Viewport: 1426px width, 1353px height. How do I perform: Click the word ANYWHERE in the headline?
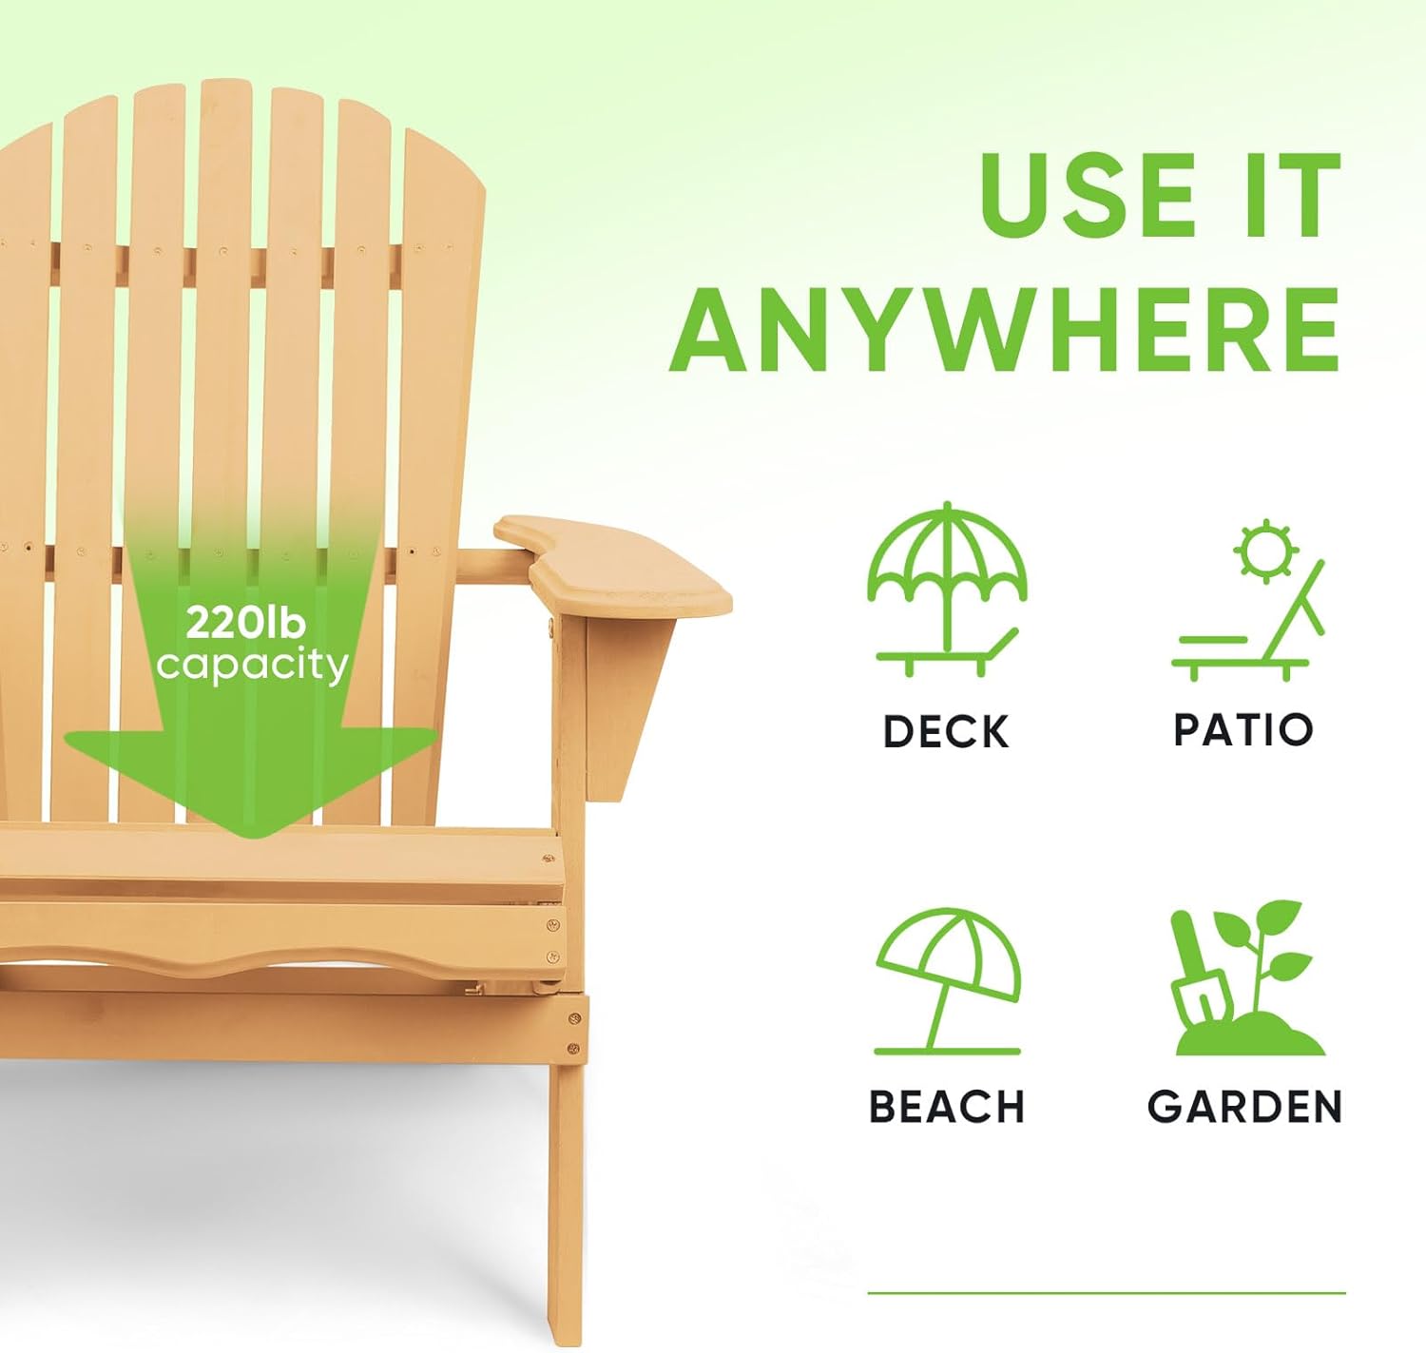[x=1006, y=329]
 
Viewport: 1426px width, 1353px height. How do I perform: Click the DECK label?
[x=946, y=732]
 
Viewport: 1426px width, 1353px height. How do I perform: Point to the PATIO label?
[x=1243, y=730]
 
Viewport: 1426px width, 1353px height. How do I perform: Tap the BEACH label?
[x=947, y=1108]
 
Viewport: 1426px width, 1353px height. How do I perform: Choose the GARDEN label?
[x=1244, y=1108]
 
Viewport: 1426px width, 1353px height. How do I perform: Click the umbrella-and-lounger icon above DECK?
[x=947, y=590]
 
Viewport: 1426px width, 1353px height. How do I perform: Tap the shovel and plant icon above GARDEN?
[x=1245, y=979]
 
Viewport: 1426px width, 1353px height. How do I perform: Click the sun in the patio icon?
[x=1265, y=550]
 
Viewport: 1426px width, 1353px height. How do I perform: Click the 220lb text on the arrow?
[x=246, y=623]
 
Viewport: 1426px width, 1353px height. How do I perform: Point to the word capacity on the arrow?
[x=252, y=664]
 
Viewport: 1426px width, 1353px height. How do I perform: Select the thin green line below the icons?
[x=1107, y=1293]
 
